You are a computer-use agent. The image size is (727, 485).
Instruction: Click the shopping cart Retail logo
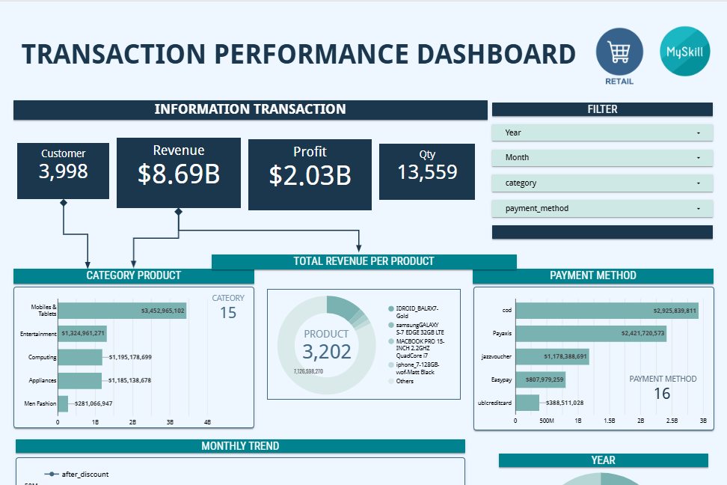[619, 52]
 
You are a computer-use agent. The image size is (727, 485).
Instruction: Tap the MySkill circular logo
[684, 51]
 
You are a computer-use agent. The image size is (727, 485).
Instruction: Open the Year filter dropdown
[602, 132]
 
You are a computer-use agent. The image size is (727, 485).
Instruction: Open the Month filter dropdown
[602, 157]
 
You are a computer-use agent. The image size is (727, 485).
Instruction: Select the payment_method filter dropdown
[602, 208]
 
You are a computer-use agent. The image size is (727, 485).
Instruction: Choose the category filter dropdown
[602, 183]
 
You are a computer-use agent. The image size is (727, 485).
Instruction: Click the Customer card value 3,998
[64, 171]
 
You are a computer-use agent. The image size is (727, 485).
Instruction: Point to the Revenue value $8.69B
[179, 174]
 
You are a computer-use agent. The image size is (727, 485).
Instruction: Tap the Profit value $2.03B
[310, 175]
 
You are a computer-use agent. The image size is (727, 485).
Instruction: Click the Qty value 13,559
[427, 173]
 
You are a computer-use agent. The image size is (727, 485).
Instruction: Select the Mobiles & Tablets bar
[122, 310]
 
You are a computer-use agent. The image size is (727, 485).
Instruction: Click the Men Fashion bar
[63, 404]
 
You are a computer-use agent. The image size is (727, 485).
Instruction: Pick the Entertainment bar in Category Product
[82, 334]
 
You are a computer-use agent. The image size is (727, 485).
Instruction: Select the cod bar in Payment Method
[606, 311]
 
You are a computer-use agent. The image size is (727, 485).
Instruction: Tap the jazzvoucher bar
[552, 357]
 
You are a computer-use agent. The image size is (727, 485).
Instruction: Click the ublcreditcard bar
[527, 403]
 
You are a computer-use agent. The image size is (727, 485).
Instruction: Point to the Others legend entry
[405, 381]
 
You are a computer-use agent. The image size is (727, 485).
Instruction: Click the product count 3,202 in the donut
[327, 352]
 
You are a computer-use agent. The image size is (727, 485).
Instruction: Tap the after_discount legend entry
[82, 474]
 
